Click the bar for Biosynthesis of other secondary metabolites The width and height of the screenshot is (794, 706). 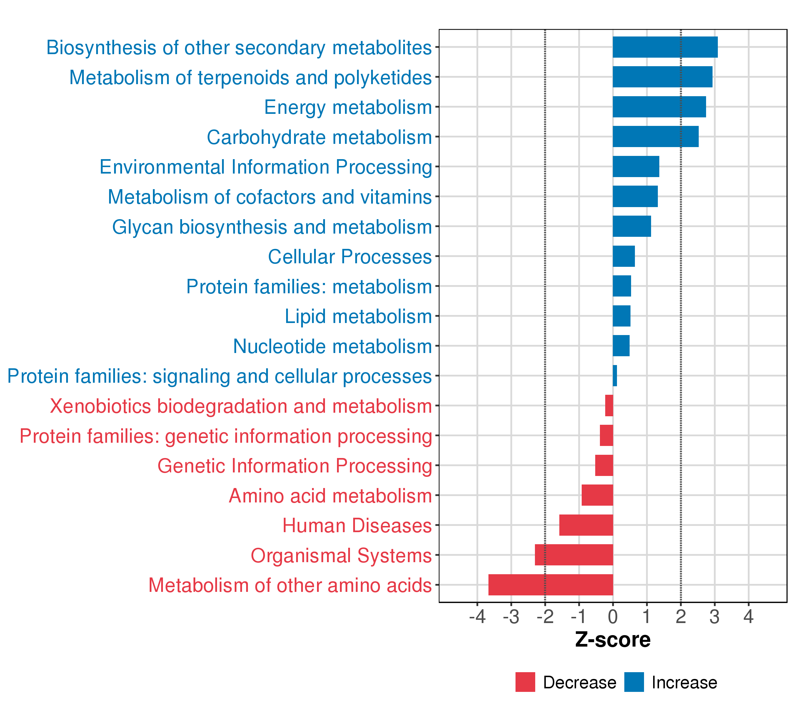[x=665, y=47]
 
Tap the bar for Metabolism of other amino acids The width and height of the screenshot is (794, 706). [x=551, y=585]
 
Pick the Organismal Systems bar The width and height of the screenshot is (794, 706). [x=574, y=555]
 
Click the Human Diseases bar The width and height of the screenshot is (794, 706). [x=586, y=525]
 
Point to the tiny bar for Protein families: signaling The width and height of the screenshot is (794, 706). [x=615, y=376]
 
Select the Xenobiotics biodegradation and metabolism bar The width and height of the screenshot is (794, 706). [x=609, y=406]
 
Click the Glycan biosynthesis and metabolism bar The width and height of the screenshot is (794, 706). [x=632, y=226]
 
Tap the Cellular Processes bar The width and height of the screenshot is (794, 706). [x=623, y=256]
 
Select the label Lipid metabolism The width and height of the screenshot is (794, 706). [x=358, y=316]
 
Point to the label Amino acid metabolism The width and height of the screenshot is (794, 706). [x=330, y=496]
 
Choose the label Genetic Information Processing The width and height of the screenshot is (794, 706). [x=294, y=466]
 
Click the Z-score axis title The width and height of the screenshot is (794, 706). [x=613, y=640]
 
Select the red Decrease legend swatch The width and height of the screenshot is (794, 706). [x=525, y=682]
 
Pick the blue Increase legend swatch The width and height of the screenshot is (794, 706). [x=634, y=682]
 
